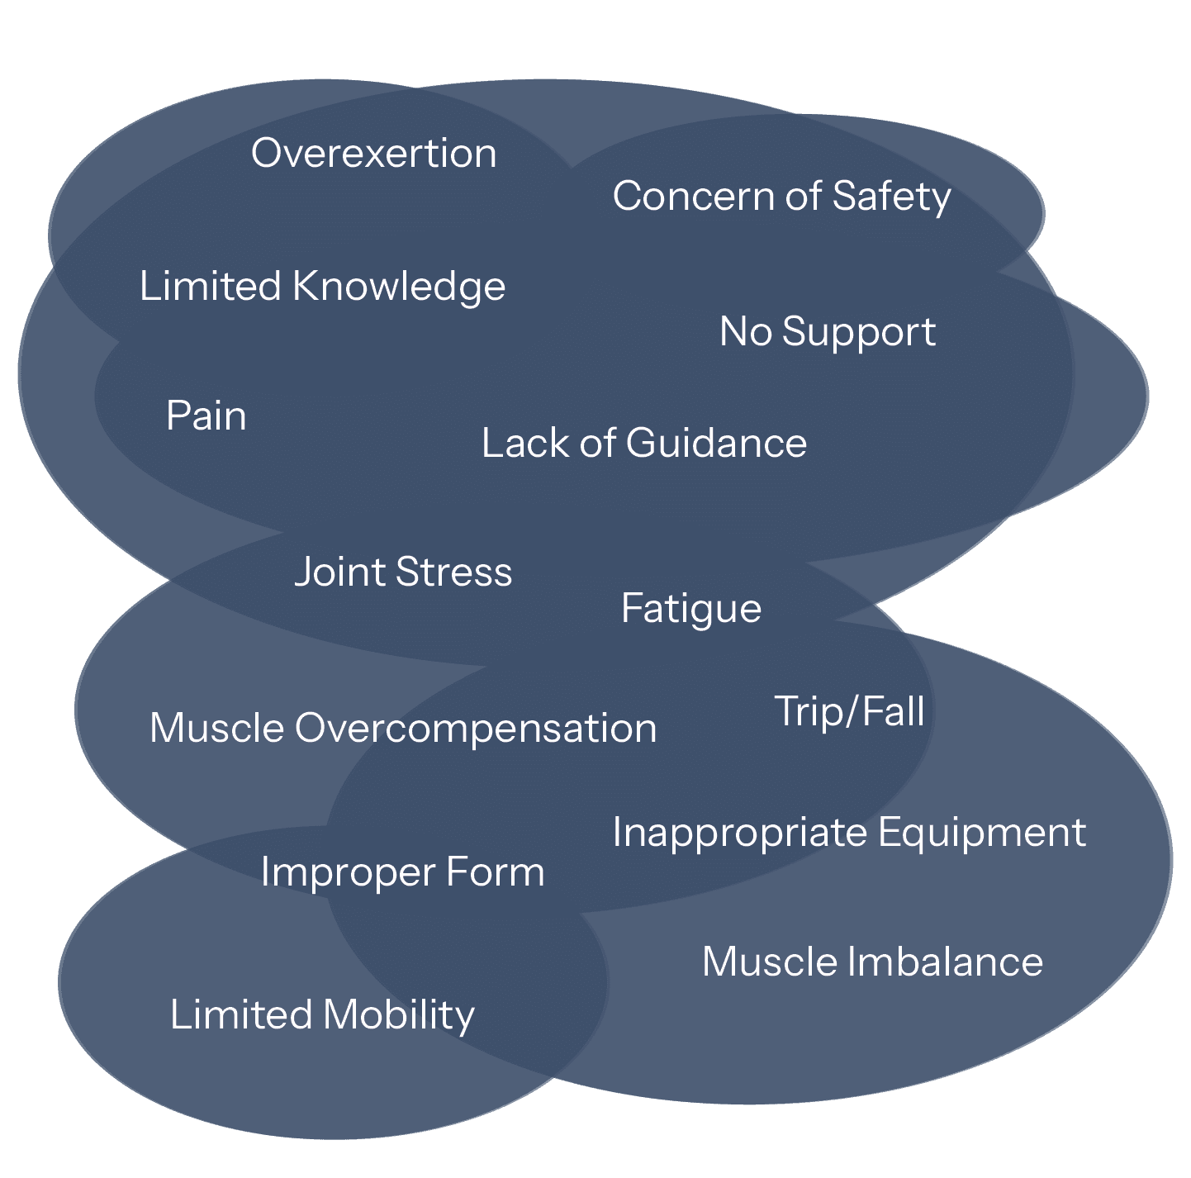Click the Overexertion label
[x=373, y=154]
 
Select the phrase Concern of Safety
[x=781, y=197]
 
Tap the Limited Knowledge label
[x=322, y=287]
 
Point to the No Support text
[x=828, y=332]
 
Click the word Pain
[x=206, y=416]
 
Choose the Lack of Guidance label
[x=644, y=444]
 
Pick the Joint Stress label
[x=403, y=572]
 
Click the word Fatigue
[x=690, y=610]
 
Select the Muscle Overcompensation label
[x=403, y=729]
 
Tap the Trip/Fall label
[x=849, y=712]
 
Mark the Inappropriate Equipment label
[x=849, y=833]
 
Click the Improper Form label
[x=402, y=872]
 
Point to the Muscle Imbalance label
[x=872, y=962]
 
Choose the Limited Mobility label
[x=322, y=1015]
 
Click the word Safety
[x=891, y=197]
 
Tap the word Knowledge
[x=399, y=287]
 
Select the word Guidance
[x=716, y=444]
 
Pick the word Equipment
[x=982, y=833]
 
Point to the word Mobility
[x=398, y=1015]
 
